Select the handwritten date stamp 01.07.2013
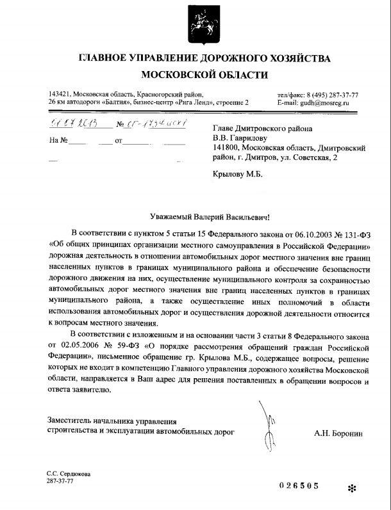pos(71,123)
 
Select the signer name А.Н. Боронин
pos(338,433)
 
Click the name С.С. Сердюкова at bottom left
pos(69,473)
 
